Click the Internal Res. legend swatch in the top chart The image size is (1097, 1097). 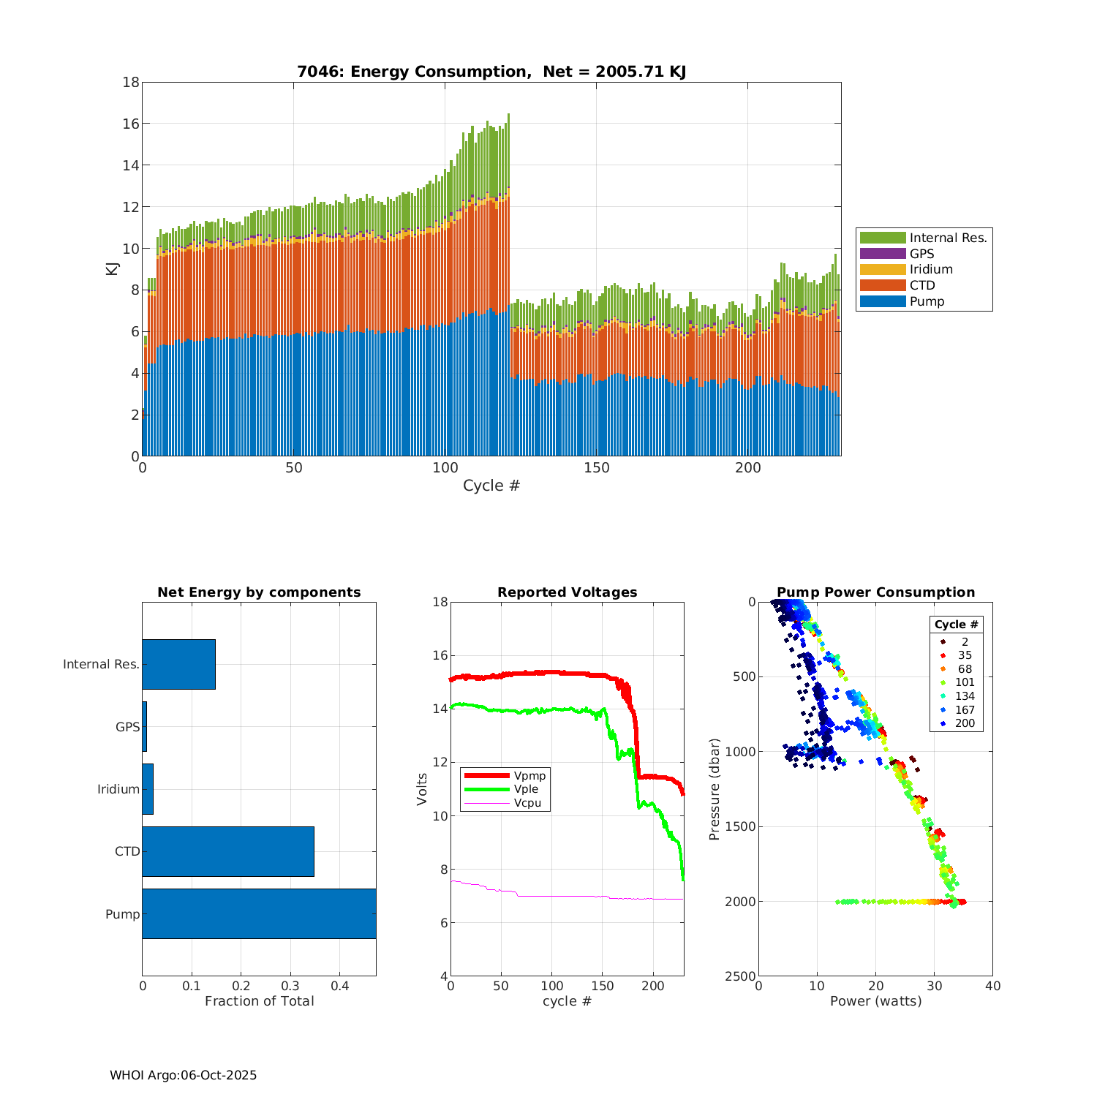(883, 238)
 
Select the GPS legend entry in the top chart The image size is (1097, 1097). (922, 254)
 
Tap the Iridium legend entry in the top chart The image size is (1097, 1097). (931, 269)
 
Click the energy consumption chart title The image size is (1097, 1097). (491, 72)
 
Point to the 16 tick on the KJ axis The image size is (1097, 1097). (131, 124)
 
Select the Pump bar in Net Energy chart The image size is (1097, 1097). (259, 913)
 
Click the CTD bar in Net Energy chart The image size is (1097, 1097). (228, 851)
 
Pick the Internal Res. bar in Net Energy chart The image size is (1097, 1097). (178, 664)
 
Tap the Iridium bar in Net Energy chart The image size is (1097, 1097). (148, 789)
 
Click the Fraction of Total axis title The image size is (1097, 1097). (259, 1001)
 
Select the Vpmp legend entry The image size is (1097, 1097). (529, 776)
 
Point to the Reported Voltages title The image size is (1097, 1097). (567, 592)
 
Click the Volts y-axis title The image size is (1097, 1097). (422, 789)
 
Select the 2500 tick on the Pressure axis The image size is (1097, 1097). (742, 976)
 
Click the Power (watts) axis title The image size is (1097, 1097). (875, 1001)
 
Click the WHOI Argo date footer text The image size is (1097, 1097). (183, 1075)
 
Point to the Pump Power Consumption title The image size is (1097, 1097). (875, 592)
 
